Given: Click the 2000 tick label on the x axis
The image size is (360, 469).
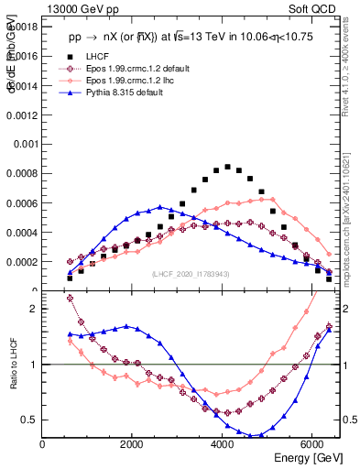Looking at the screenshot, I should click(x=133, y=444).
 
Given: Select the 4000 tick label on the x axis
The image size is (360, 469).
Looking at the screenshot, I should click(x=223, y=444).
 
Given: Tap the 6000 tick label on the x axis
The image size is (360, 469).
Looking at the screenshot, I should click(x=312, y=444).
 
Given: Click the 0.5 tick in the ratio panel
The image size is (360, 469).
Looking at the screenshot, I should click(x=30, y=420).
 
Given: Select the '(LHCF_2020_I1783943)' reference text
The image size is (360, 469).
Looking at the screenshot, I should click(x=191, y=274).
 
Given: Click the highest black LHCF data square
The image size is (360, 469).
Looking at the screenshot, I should click(x=227, y=167).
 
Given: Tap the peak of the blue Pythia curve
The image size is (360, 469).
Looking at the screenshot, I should click(x=159, y=207).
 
